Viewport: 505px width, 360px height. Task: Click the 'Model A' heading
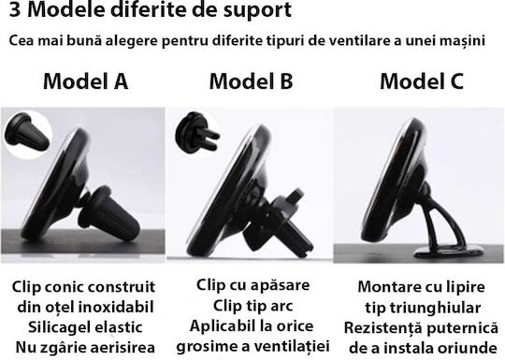click(x=86, y=81)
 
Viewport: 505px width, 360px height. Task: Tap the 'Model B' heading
click(x=252, y=81)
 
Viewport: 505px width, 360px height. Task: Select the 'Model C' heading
click(x=422, y=81)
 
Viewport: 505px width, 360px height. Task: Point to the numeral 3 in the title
click(x=15, y=9)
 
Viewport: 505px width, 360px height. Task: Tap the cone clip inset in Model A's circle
click(x=27, y=134)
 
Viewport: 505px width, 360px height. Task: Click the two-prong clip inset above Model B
click(x=197, y=132)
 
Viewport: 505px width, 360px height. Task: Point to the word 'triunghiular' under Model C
click(x=436, y=309)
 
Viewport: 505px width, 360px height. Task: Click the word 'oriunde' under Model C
click(x=469, y=349)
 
